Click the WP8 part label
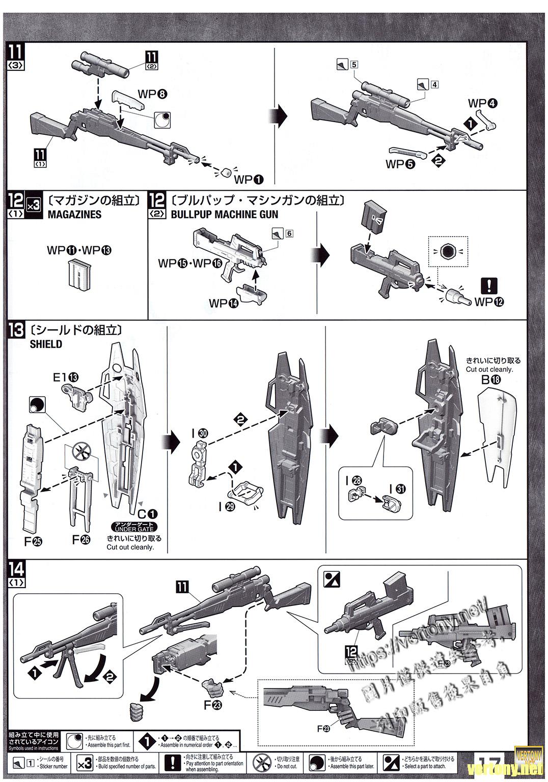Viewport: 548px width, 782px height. (x=152, y=94)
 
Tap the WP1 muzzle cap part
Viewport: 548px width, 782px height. (x=224, y=171)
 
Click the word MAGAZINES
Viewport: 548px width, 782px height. (x=74, y=214)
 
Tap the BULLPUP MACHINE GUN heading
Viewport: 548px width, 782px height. (x=225, y=214)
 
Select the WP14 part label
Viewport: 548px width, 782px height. (x=224, y=303)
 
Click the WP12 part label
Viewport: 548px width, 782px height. (x=489, y=301)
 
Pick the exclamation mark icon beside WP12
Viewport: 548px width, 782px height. (x=489, y=285)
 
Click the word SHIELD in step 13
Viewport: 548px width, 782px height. (x=46, y=344)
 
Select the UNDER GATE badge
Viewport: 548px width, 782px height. (x=134, y=528)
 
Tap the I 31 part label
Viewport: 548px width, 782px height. (x=397, y=489)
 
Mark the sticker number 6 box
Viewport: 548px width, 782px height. (x=290, y=234)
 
